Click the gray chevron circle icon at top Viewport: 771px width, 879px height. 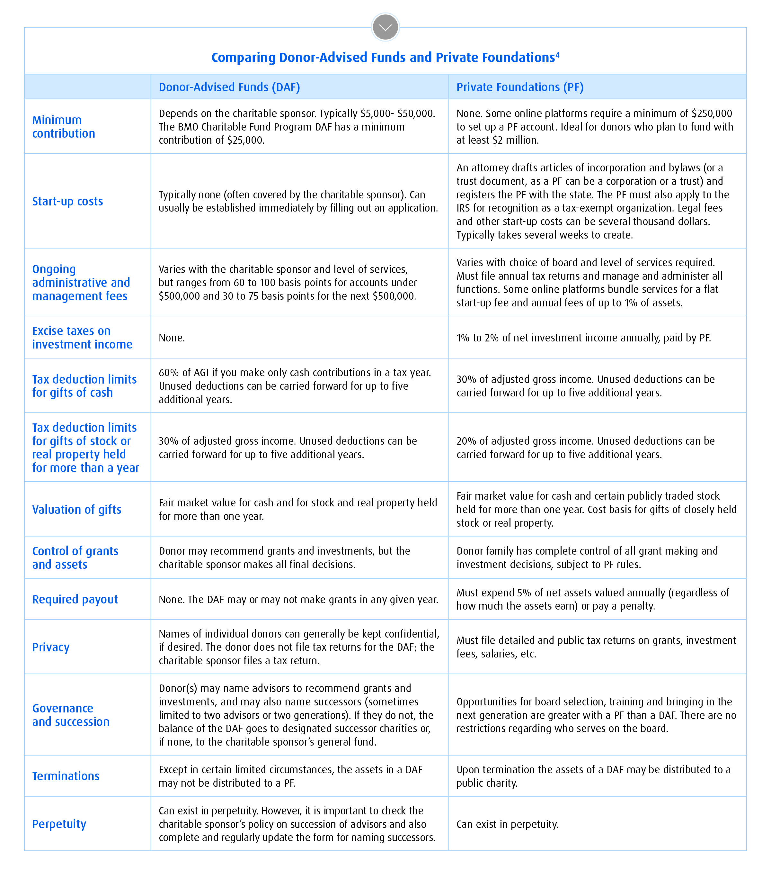pos(385,27)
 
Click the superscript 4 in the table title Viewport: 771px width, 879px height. pos(557,54)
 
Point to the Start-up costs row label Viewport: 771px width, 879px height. pos(67,201)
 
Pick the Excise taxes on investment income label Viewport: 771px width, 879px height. pos(82,338)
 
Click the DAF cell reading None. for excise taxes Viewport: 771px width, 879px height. pos(172,338)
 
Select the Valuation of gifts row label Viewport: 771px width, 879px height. pos(76,510)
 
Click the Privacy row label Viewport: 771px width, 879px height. pos(51,647)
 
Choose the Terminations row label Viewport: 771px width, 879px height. pos(66,776)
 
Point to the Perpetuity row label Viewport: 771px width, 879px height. pos(59,824)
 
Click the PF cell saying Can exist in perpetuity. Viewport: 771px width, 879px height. pos(507,824)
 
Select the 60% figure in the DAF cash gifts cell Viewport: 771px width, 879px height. pos(168,372)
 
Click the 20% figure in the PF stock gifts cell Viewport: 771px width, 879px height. pos(466,441)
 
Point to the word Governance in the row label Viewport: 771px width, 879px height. pos(63,708)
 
